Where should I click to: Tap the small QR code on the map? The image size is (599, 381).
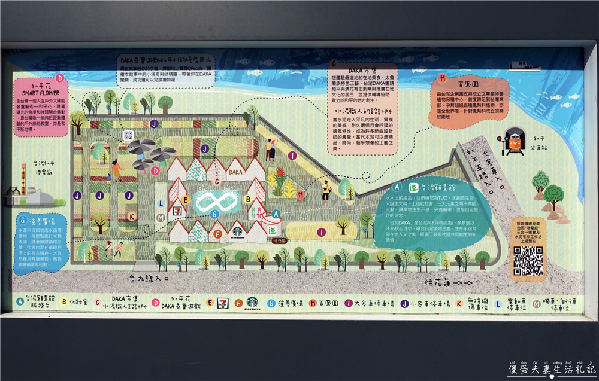128,135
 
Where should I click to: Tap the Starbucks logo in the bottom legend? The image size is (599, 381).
252,303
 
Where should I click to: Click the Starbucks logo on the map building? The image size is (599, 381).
238,230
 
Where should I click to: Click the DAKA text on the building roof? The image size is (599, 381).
235,172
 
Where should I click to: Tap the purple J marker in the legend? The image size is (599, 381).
404,303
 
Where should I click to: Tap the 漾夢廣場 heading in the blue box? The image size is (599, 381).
41,220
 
